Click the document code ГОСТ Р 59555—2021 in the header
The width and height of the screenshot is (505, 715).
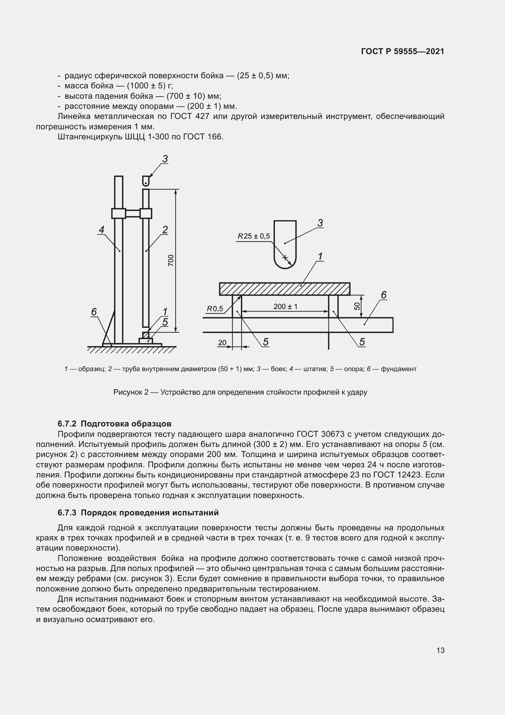[x=402, y=52]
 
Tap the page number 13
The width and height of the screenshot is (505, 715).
[x=440, y=650]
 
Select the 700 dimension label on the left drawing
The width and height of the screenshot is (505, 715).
[x=171, y=260]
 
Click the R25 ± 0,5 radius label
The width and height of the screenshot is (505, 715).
[x=254, y=236]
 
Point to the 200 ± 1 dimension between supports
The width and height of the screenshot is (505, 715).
[x=285, y=306]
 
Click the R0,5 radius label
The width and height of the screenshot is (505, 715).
[x=215, y=309]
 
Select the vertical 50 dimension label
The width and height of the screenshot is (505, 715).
[x=357, y=306]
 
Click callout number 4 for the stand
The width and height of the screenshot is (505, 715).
[x=101, y=230]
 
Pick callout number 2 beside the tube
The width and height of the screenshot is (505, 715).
[x=165, y=230]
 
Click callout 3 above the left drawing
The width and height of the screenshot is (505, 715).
[x=165, y=159]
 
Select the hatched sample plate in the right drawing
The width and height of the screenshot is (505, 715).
[x=285, y=289]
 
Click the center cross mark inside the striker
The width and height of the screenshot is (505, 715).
[x=285, y=257]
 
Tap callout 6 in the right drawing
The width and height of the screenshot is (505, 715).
[x=384, y=295]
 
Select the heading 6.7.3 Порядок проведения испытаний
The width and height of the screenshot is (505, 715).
[x=138, y=513]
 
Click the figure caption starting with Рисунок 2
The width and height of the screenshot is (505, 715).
[x=240, y=392]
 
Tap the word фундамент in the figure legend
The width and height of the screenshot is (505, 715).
[x=398, y=369]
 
